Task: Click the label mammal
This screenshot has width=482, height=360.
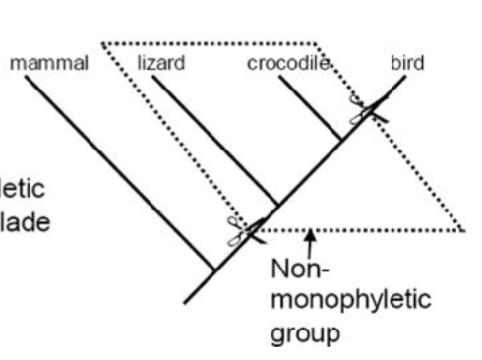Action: tap(49, 63)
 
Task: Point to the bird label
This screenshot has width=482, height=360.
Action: tap(406, 63)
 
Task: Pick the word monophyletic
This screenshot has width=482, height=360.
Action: tap(350, 300)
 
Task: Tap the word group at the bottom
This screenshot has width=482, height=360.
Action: tap(305, 331)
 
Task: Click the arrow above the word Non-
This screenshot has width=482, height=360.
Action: tap(311, 240)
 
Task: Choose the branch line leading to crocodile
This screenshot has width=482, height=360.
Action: tap(310, 108)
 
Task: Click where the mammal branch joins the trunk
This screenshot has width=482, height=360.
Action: tap(215, 269)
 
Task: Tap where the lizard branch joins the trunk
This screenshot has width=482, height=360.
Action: tap(278, 206)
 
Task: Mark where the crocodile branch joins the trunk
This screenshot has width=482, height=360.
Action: tap(341, 141)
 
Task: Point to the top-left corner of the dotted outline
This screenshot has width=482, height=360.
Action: tap(102, 43)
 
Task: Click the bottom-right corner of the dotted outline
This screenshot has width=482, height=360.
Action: tap(463, 231)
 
